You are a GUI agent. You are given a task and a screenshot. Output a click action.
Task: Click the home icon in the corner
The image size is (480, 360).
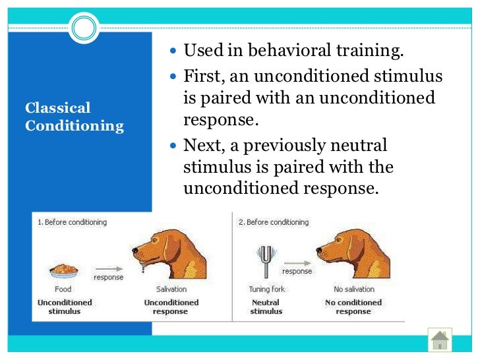click(x=440, y=340)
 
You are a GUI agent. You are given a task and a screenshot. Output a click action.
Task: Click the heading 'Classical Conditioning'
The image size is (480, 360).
click(x=74, y=117)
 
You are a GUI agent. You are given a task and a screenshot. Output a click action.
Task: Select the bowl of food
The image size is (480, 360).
click(x=63, y=271)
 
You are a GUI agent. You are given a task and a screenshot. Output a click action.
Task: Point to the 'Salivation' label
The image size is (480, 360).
click(x=171, y=289)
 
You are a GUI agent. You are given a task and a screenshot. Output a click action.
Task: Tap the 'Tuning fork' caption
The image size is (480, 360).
click(x=266, y=289)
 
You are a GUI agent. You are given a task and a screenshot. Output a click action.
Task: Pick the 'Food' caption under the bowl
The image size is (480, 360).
click(x=63, y=289)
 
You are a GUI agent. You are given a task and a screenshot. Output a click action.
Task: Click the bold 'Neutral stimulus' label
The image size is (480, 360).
click(x=266, y=307)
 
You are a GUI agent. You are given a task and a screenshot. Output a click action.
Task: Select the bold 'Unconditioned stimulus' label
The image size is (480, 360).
click(x=64, y=307)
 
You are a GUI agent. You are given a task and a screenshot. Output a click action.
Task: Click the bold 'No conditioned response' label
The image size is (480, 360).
click(x=353, y=307)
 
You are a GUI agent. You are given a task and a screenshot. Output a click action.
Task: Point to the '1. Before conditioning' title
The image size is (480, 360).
click(x=71, y=222)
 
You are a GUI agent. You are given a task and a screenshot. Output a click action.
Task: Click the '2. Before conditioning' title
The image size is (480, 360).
click(x=273, y=222)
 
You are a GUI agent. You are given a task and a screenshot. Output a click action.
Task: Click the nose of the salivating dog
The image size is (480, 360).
click(x=135, y=250)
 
